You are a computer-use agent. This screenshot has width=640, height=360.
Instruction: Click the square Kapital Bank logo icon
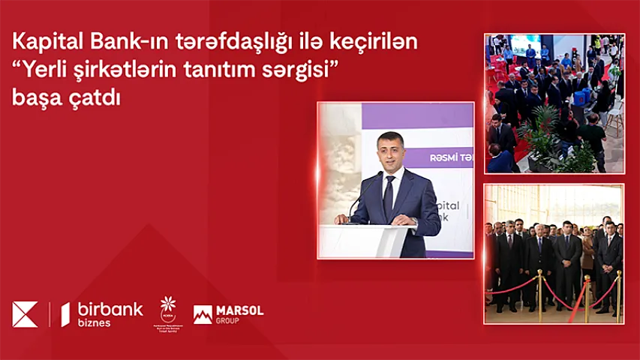pyautogui.click(x=25, y=313)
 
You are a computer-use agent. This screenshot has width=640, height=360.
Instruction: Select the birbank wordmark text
pyautogui.click(x=109, y=309)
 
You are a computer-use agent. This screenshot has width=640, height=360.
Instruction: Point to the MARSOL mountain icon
pyautogui.click(x=203, y=315)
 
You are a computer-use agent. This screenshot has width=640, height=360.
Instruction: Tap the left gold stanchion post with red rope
pyautogui.click(x=539, y=296)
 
